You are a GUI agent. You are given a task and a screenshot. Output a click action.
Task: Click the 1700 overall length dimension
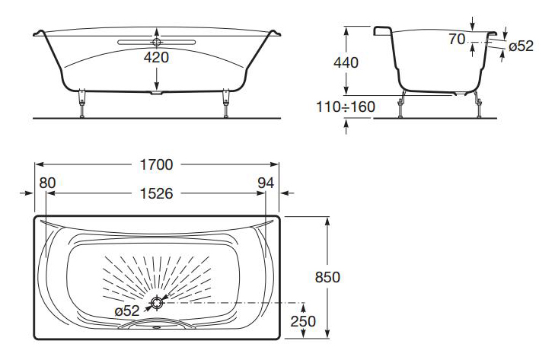click(x=156, y=164)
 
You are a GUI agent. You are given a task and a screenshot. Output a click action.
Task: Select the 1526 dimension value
click(x=156, y=193)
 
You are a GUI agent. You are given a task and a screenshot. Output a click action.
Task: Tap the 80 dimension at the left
click(x=47, y=183)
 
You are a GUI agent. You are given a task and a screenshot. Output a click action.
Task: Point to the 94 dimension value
click(x=266, y=183)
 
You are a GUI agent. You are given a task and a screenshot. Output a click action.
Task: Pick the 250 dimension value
click(x=303, y=322)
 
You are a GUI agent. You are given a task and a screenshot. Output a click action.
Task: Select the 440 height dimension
click(x=346, y=63)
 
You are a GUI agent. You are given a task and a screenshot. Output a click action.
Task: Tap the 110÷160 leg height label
click(x=346, y=107)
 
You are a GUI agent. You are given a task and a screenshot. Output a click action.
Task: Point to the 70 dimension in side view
click(x=457, y=40)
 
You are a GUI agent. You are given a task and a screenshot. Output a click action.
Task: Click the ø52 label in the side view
click(x=521, y=46)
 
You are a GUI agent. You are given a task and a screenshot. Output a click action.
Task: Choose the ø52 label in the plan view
click(x=126, y=311)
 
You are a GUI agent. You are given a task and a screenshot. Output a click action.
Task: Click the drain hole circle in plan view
click(x=157, y=303)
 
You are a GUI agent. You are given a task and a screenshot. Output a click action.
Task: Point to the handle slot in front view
click(x=158, y=40)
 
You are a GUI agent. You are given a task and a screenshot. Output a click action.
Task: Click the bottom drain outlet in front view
click(x=158, y=94)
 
